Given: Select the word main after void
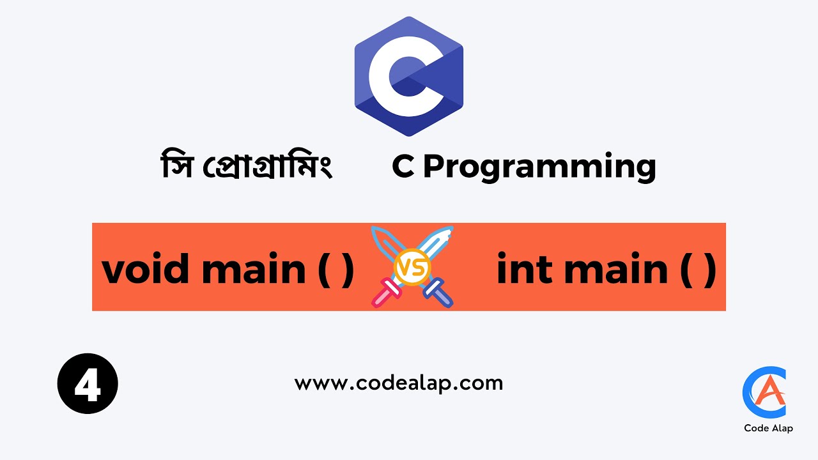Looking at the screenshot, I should click(x=254, y=269).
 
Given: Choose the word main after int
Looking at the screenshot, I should click(x=613, y=269).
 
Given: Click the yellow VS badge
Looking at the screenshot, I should click(x=412, y=267).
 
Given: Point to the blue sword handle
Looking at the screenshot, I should click(x=438, y=293).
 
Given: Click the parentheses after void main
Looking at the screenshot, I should click(x=336, y=270).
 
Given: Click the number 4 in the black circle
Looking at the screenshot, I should click(x=88, y=384).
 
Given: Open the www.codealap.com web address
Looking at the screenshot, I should click(x=399, y=383).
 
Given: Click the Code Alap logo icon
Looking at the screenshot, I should click(x=765, y=392).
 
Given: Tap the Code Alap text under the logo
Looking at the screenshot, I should click(x=768, y=428).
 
